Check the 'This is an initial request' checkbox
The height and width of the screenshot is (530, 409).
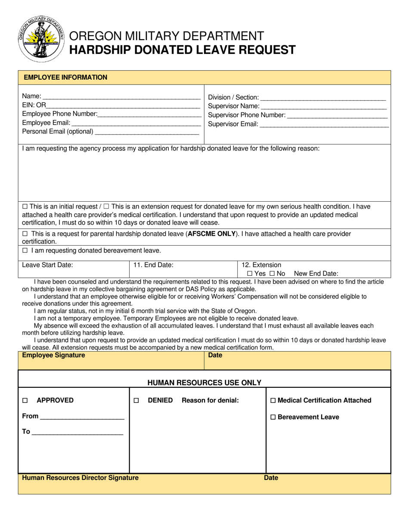pos(24,206)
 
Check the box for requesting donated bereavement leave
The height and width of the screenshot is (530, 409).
pos(25,250)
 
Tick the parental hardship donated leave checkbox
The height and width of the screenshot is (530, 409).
pos(25,234)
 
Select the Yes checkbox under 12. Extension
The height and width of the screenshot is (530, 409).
pos(250,274)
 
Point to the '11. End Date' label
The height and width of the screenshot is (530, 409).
pos(153,265)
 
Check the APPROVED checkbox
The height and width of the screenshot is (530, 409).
pos(25,401)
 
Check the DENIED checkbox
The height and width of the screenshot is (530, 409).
pos(136,401)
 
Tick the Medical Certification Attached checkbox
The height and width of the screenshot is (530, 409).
pos(273,401)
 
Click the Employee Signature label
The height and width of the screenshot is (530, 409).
pos(53,355)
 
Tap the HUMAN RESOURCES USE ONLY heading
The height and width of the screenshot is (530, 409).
pos(204,383)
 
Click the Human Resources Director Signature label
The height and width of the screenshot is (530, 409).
pos(80,478)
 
